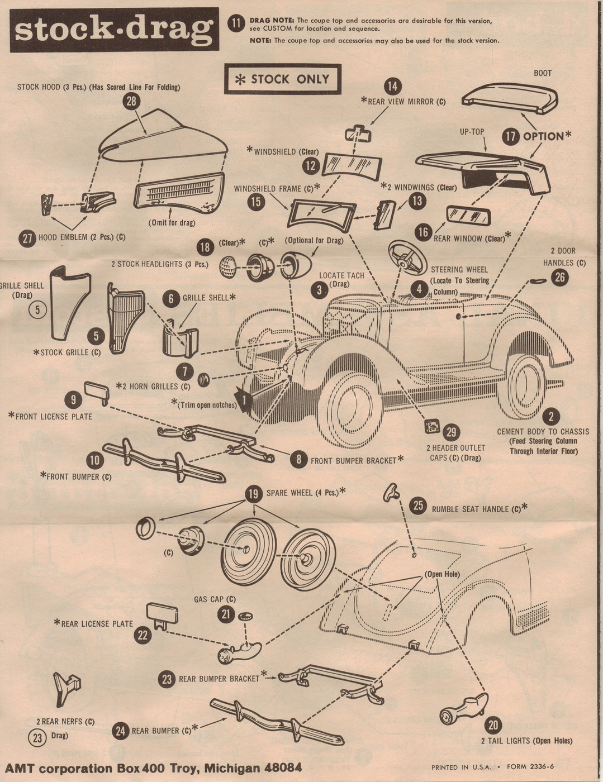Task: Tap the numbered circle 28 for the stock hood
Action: point(132,101)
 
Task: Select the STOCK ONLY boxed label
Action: point(282,79)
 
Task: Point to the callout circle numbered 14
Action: point(393,85)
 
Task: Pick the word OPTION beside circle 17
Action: point(543,136)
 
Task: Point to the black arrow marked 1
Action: point(244,398)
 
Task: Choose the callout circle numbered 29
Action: point(451,432)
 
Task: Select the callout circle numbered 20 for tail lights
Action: point(492,726)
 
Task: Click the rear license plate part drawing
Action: point(159,615)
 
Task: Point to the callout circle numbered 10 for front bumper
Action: point(96,460)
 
